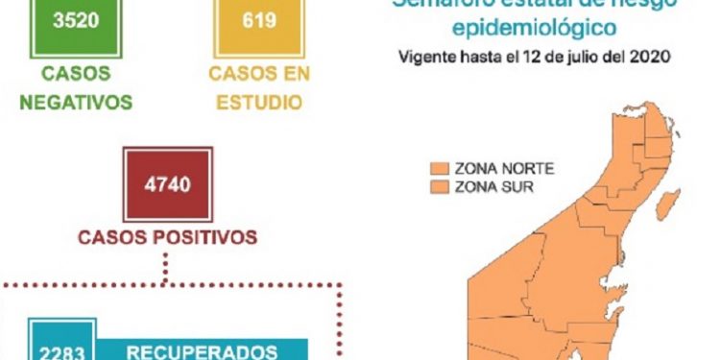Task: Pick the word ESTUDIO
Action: (x=257, y=102)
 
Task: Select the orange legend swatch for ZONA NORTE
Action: (x=441, y=167)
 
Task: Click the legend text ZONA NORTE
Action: (x=503, y=167)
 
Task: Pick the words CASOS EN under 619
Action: (x=257, y=74)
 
